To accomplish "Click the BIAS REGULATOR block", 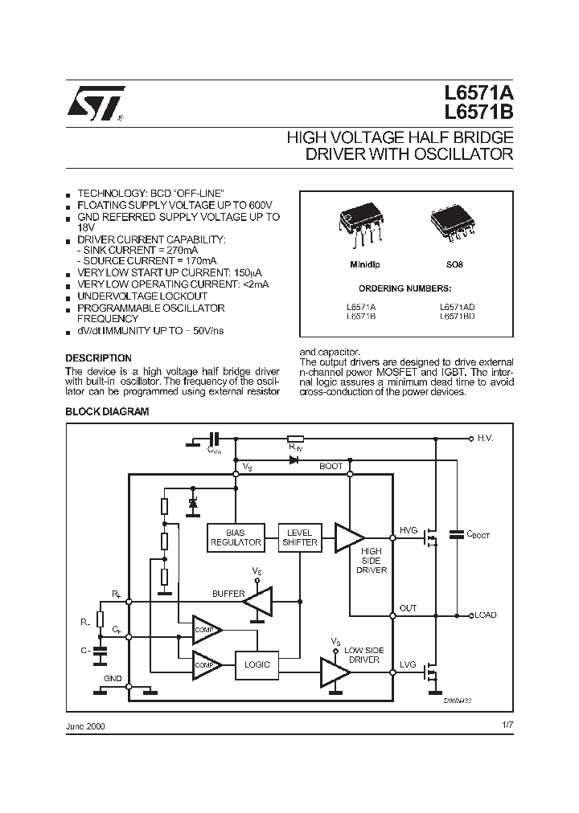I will (236, 537).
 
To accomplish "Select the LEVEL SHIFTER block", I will (299, 537).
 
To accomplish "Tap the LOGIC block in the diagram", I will (257, 664).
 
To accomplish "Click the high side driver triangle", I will (348, 537).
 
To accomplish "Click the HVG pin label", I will (409, 530).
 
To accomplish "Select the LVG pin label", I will (409, 664).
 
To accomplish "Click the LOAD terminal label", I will (486, 615).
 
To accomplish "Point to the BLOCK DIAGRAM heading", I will (107, 411).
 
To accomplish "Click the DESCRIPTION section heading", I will (98, 357).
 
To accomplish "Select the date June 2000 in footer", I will (85, 725).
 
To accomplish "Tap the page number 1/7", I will (505, 725).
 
